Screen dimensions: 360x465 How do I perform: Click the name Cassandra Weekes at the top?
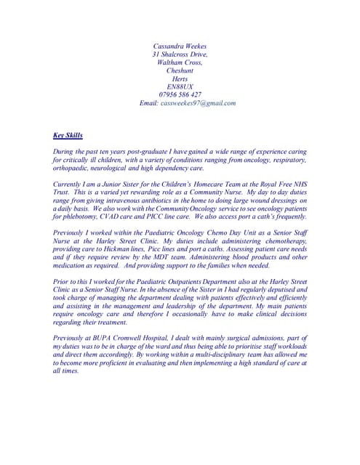180,46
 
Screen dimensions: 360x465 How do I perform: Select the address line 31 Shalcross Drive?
180,54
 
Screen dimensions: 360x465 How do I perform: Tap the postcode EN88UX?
180,86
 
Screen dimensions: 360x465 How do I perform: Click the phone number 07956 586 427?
180,94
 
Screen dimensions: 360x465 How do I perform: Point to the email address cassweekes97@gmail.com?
198,103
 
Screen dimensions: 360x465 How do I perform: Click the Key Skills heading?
68,135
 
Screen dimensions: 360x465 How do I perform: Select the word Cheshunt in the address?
180,70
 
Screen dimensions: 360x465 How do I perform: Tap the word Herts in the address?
180,78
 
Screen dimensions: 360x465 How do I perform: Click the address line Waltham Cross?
180,62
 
